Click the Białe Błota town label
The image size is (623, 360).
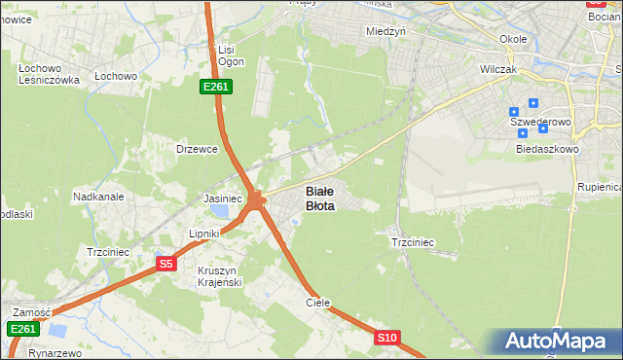click(320, 198)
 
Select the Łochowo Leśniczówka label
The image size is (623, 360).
click(48, 75)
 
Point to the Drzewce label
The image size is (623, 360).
click(196, 149)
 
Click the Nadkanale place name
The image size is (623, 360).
click(98, 197)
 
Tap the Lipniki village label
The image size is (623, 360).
click(205, 234)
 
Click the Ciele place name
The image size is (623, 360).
click(318, 303)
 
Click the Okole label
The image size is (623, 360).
click(513, 39)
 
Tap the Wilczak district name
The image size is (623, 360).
click(503, 70)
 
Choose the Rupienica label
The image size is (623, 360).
click(600, 186)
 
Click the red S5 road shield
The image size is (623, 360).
click(165, 264)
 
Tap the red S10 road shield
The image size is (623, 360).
click(386, 338)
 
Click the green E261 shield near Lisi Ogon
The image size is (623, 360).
click(215, 88)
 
